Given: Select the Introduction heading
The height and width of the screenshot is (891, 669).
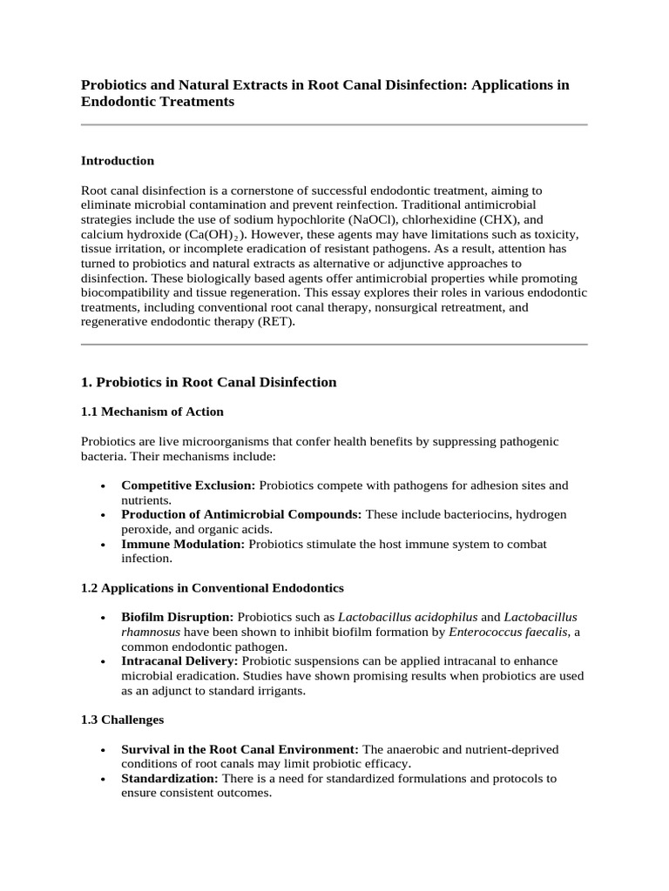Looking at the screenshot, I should [x=118, y=161].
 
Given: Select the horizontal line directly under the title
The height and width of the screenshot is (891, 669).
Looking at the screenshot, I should [x=334, y=124].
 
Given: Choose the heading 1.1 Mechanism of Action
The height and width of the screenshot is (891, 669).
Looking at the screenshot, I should [x=152, y=412].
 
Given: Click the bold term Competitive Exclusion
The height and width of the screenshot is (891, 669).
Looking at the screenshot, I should [x=188, y=485].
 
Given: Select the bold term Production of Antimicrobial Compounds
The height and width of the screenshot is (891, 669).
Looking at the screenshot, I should [x=241, y=514].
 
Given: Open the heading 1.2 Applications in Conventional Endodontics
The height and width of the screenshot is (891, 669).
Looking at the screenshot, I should [x=213, y=587].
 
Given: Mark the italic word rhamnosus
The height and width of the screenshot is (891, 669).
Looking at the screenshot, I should [x=150, y=633].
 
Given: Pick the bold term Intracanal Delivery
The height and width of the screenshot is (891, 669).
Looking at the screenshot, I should [x=179, y=661].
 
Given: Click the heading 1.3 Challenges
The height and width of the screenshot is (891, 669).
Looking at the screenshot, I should [x=122, y=720].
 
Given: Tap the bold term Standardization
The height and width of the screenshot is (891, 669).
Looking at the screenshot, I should [x=171, y=779].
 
